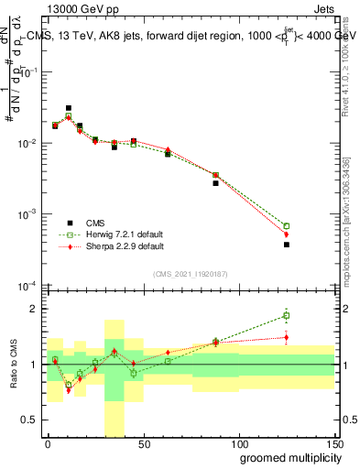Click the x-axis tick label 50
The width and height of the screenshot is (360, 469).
(143, 443)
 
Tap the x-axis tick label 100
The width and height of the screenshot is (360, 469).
(238, 443)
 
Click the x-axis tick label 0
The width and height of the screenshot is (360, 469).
(48, 443)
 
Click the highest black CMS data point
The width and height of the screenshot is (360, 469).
(69, 108)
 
